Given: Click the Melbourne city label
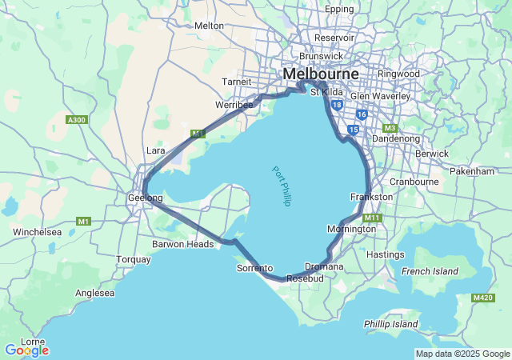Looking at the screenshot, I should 320,74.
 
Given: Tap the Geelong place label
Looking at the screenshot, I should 145,198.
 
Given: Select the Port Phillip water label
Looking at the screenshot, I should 280,186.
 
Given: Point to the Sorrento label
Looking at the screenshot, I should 254,268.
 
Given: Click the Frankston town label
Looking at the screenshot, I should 371,197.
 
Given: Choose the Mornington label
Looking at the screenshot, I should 351,229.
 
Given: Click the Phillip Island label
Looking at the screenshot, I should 390,324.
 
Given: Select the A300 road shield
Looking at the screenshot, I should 76,120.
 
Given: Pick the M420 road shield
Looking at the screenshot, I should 482,298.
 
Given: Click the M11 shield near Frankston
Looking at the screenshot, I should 372,218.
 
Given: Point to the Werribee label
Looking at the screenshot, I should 234,105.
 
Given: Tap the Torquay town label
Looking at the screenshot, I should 133,259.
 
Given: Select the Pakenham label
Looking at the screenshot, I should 472,171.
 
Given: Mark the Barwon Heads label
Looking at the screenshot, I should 183,244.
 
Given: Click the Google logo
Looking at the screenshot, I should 26,350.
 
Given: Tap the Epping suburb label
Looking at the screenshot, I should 339,9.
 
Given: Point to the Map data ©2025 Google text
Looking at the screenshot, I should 462,354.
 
